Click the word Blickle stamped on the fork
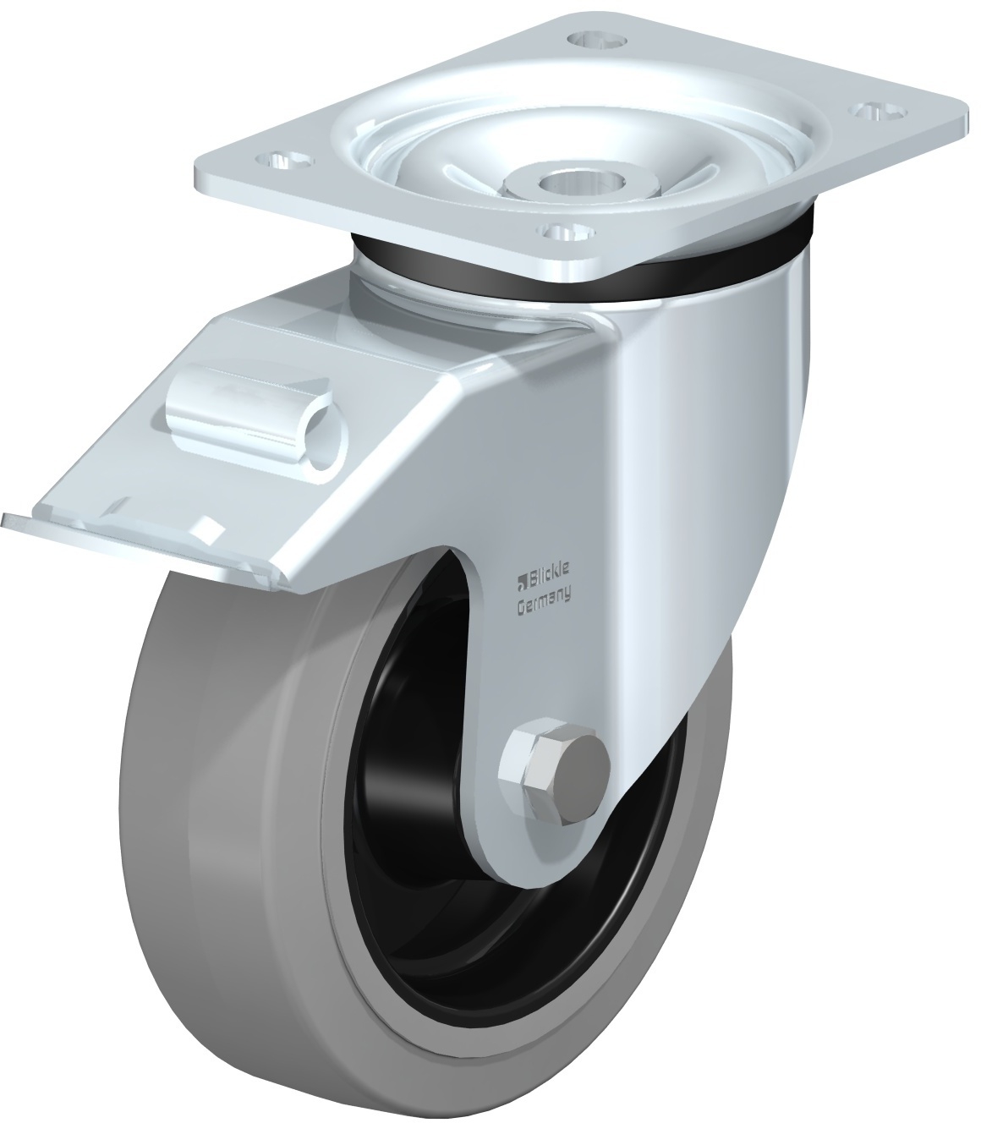548,572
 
